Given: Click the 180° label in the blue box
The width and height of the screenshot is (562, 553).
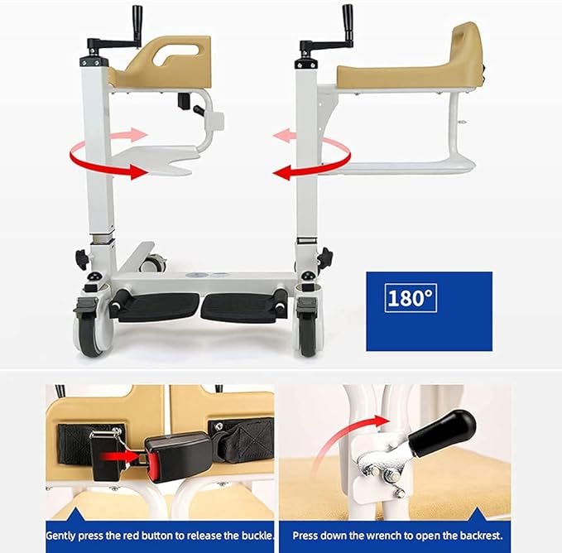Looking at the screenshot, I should [411, 298].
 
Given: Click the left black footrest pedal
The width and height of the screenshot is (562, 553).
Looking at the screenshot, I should [158, 307].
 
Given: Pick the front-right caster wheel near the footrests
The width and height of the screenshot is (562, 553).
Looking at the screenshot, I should [307, 332].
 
